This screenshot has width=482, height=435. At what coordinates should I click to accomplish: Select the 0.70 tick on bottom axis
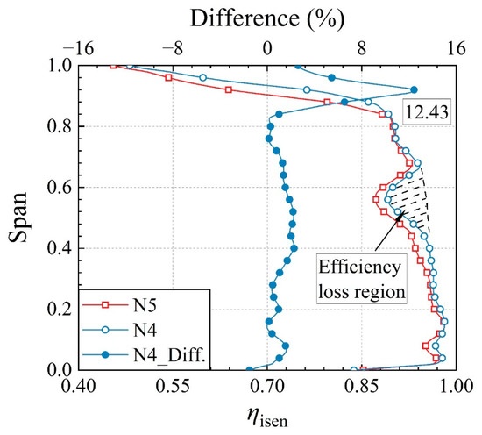click(267, 386)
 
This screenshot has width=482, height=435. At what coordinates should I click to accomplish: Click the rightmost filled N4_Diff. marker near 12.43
click(414, 89)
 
